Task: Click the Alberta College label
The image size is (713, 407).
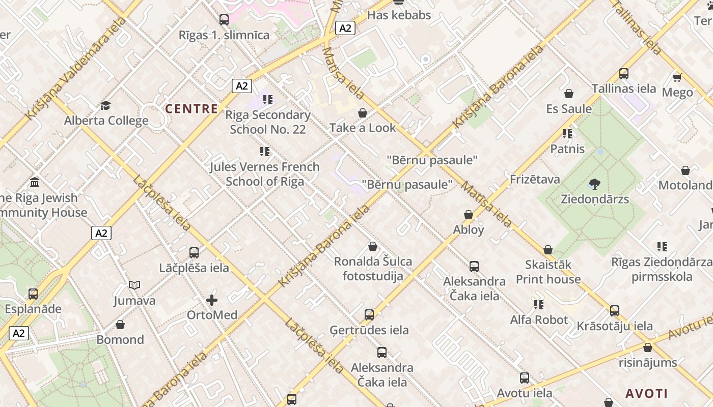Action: tap(106, 121)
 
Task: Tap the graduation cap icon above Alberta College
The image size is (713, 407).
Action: tap(105, 105)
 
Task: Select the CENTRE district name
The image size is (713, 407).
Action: tap(191, 108)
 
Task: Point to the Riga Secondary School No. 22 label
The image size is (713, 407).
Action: tap(268, 122)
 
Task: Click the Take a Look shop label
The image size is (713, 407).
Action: tap(363, 128)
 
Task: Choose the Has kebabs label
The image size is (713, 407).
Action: tap(399, 15)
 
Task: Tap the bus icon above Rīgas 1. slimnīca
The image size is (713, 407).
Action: tap(224, 20)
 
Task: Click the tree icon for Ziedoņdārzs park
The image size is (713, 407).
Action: tap(594, 184)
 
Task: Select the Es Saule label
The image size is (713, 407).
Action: tap(569, 109)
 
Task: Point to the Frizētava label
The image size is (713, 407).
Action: tap(535, 179)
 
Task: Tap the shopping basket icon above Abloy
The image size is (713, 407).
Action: tap(469, 215)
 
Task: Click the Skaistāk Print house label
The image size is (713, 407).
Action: tap(548, 272)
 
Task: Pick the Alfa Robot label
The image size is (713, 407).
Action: tap(539, 319)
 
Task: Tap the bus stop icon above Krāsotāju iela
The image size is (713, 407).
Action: tap(615, 311)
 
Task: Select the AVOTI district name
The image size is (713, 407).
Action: tap(646, 393)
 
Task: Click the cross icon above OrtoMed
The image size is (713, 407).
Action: tap(212, 300)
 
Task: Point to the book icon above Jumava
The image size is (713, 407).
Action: tap(134, 285)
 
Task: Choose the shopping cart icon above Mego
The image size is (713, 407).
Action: tap(677, 77)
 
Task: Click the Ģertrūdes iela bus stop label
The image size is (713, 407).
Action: tap(369, 330)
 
